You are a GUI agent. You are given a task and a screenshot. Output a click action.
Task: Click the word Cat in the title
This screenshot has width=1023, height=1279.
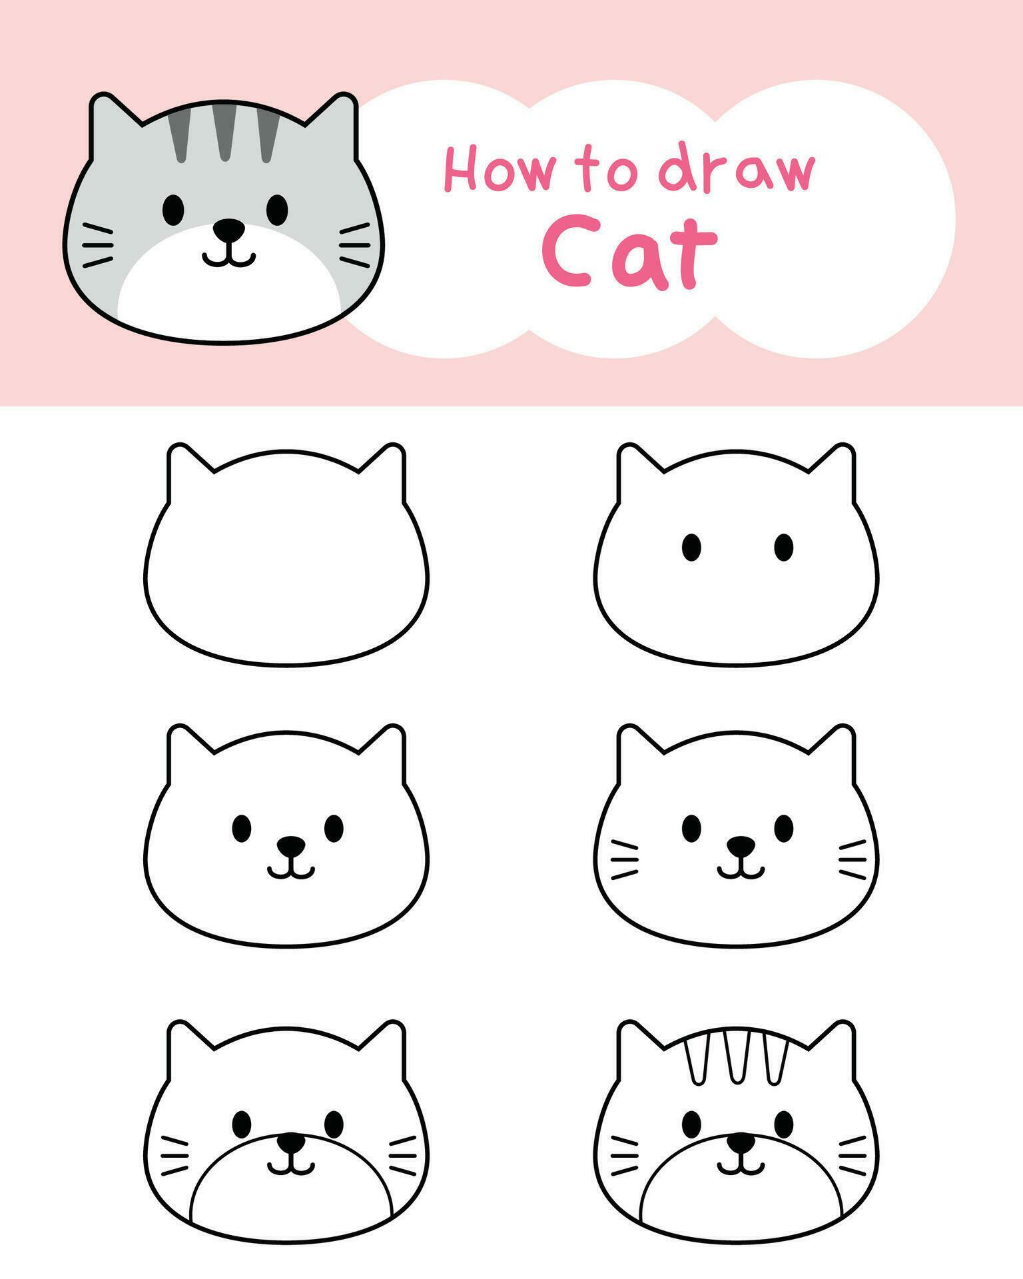629,252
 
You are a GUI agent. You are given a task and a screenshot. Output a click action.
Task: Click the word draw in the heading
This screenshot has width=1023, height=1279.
736,170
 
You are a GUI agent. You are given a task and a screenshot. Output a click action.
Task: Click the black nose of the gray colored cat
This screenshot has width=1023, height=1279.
229,230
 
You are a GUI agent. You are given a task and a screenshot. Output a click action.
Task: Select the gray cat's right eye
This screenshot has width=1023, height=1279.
277,209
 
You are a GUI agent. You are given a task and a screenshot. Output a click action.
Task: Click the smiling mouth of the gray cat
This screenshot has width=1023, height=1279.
229,257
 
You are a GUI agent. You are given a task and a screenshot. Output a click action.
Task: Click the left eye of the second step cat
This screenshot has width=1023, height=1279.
692,547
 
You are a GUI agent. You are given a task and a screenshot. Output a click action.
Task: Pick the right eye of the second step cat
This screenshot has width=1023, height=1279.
784,547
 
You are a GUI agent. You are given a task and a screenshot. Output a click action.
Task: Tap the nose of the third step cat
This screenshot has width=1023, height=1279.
291,847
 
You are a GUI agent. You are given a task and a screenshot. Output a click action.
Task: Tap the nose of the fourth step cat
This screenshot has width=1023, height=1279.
741,847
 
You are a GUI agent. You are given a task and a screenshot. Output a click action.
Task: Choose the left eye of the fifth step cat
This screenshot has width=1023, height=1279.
242,1124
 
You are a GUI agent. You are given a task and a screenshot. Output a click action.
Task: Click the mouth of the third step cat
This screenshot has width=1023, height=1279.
291,871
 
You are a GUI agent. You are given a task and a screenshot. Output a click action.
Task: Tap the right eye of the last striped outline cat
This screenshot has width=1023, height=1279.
784,1124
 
